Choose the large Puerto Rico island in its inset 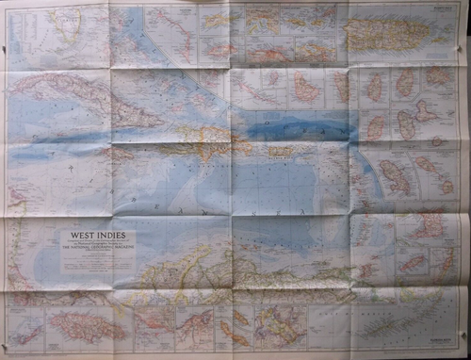pyautogui.click(x=386, y=34)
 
